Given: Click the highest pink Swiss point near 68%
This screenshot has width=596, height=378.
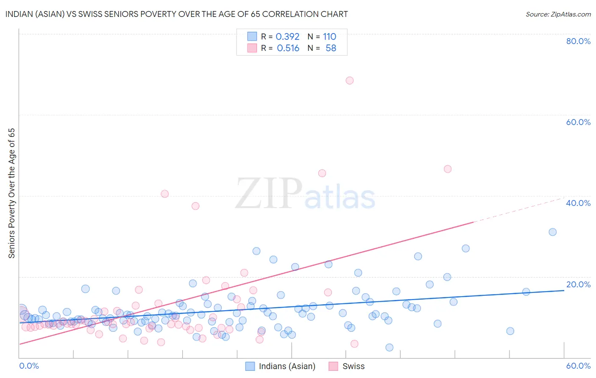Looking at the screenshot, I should click(x=349, y=81).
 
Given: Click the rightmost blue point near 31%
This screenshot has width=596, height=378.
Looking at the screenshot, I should click(x=552, y=232).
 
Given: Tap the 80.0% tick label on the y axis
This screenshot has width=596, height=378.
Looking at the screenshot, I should click(x=578, y=41).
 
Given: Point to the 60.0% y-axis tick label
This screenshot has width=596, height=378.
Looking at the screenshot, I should click(x=578, y=122).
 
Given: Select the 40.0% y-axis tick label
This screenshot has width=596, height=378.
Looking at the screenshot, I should click(x=578, y=203).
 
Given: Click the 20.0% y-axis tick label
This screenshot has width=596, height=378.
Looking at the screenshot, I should click(x=578, y=284).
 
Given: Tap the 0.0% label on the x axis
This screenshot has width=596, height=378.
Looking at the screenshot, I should click(x=29, y=366).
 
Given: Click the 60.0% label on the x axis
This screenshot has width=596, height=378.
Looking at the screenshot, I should click(x=578, y=366).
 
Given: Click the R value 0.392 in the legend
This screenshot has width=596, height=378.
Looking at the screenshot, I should click(x=287, y=37).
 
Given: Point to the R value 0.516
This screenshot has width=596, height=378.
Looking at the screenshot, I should click(x=288, y=48).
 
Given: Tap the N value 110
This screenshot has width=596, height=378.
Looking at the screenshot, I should click(x=329, y=37).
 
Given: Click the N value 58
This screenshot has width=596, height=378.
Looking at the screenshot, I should click(x=331, y=48).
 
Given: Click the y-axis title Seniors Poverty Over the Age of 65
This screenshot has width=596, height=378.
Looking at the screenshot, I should click(x=12, y=193).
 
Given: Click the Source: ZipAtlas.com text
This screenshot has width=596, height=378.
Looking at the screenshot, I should click(x=558, y=14).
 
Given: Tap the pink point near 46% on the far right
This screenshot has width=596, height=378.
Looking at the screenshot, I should click(x=447, y=169).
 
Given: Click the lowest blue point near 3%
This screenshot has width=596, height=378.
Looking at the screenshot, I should click(x=389, y=347).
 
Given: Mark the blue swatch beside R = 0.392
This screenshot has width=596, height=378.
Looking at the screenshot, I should click(x=252, y=36).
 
